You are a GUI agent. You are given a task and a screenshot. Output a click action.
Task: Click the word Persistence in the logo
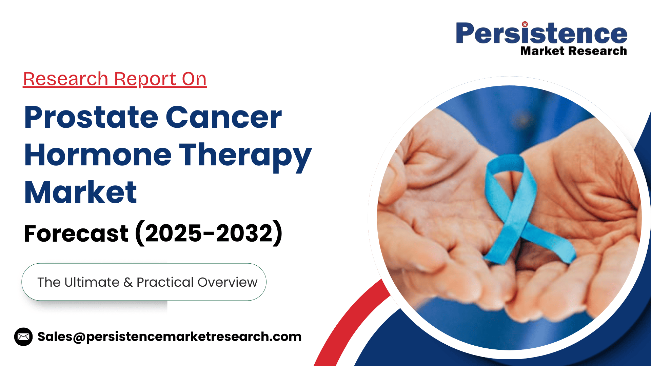pyautogui.click(x=541, y=34)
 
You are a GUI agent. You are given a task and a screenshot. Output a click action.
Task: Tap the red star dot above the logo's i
pyautogui.click(x=525, y=24)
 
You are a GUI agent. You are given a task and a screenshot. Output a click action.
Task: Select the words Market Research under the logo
pyautogui.click(x=574, y=51)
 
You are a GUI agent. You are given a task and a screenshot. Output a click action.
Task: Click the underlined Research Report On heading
pyautogui.click(x=115, y=79)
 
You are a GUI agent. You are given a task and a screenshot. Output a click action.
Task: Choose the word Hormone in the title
pyautogui.click(x=98, y=155)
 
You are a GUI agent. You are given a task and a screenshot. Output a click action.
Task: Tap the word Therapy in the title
pyautogui.click(x=245, y=157)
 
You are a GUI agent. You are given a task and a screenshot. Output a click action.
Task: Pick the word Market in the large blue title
pyautogui.click(x=81, y=192)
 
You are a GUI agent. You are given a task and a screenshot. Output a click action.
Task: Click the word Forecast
pyautogui.click(x=76, y=233)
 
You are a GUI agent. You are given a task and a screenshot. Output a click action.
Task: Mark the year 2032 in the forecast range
pyautogui.click(x=244, y=233)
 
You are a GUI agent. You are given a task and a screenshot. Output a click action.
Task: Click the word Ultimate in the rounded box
pyautogui.click(x=92, y=282)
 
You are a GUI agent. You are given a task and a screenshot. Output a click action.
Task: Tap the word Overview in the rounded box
pyautogui.click(x=228, y=282)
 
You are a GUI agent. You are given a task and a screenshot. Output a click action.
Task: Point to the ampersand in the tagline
pyautogui.click(x=128, y=283)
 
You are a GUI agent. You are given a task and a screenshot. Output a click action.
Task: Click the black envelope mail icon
pyautogui.click(x=23, y=337)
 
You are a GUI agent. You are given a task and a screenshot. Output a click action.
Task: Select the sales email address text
pyautogui.click(x=170, y=337)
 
